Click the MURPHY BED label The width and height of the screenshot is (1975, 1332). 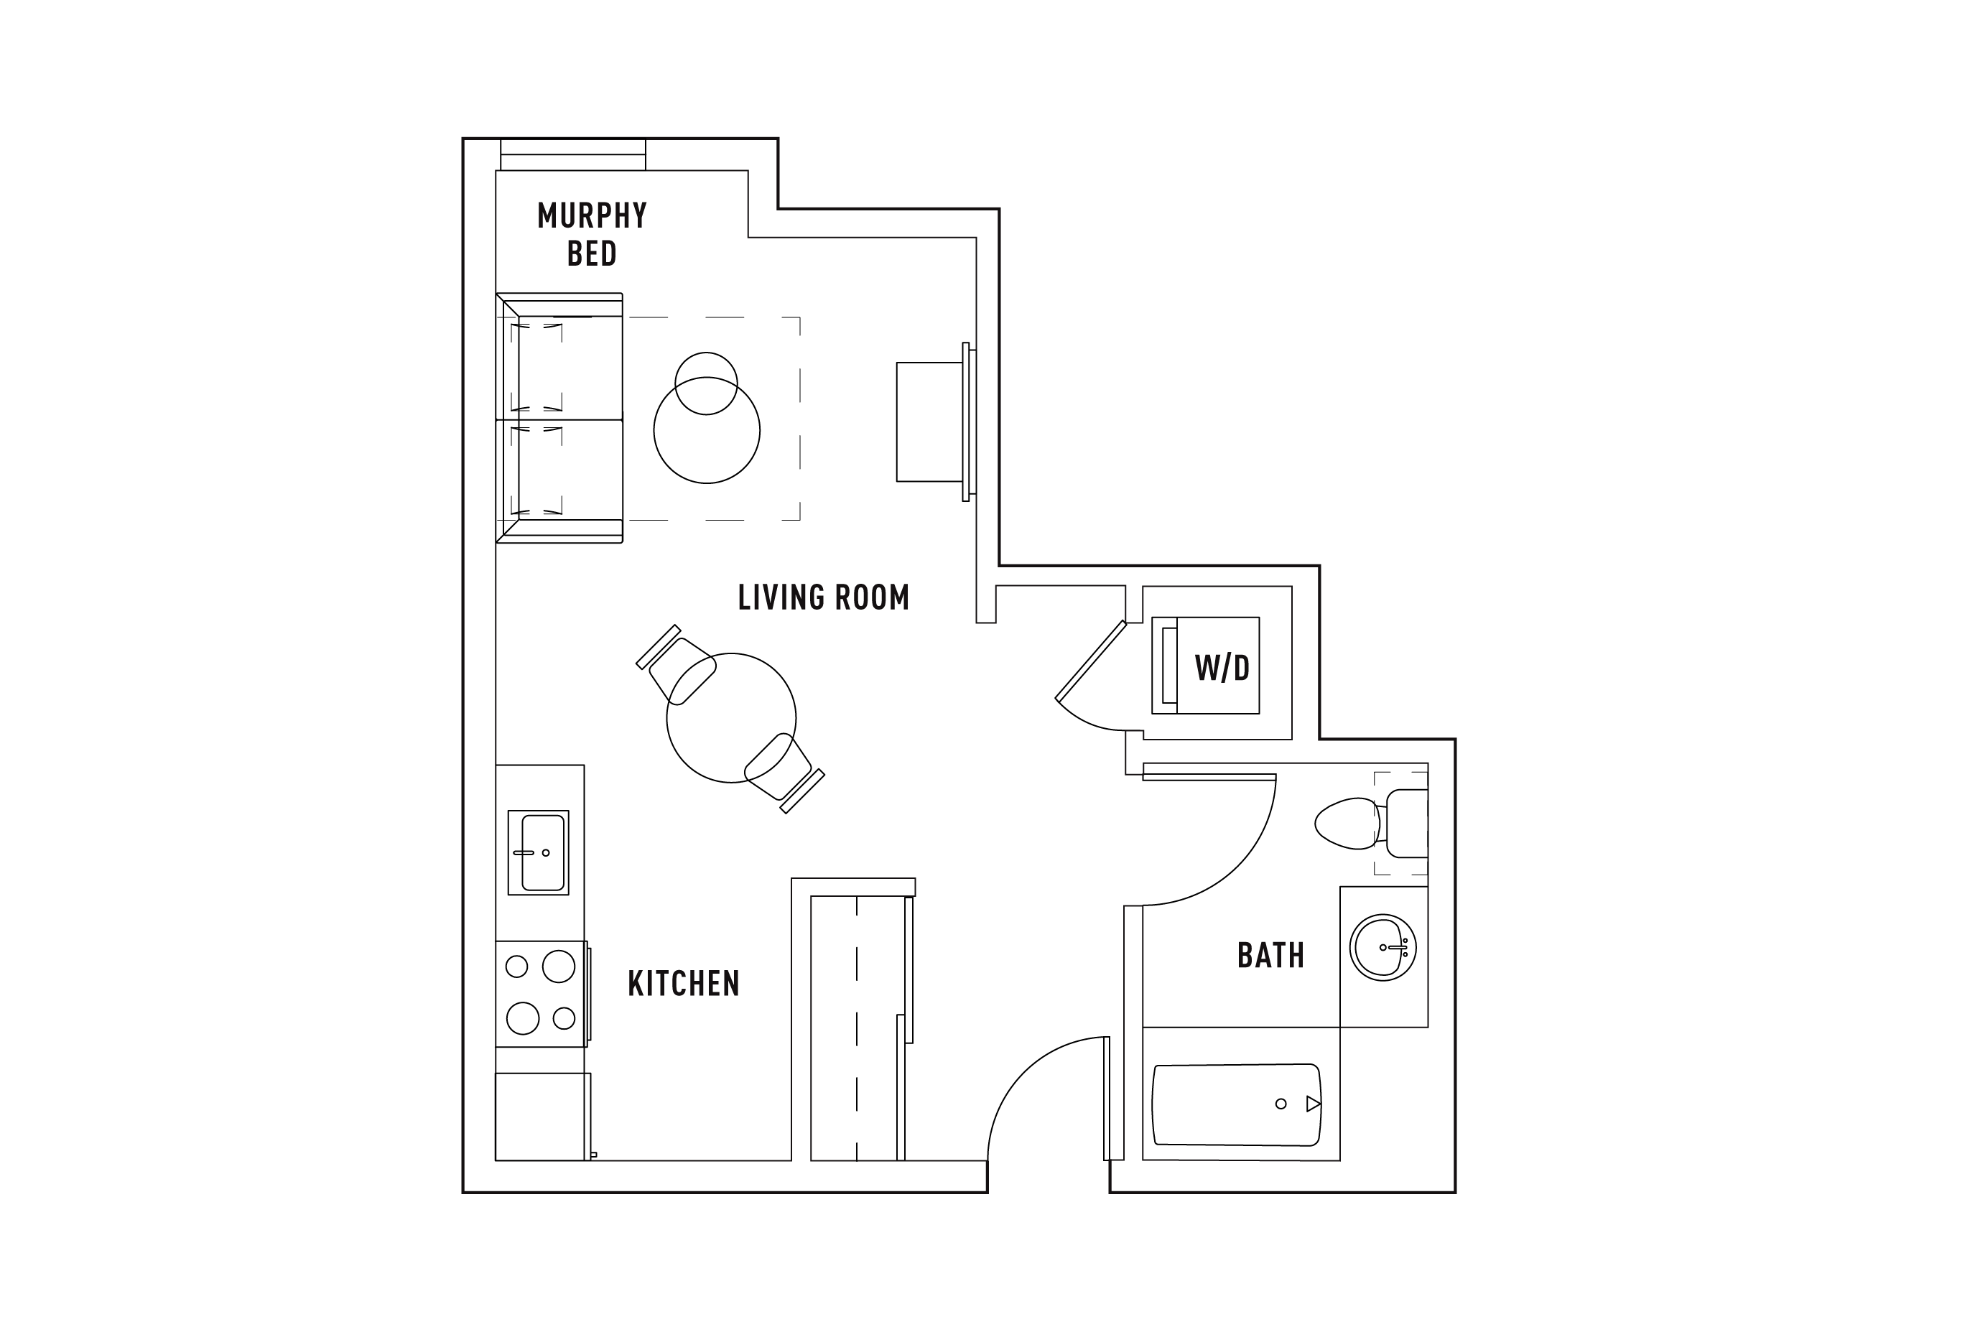tap(592, 233)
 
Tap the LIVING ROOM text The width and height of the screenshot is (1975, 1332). tap(823, 597)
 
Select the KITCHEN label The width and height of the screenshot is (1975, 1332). tap(684, 984)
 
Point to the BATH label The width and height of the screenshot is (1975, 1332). tap(1270, 956)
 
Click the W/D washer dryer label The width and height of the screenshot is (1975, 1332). tap(1222, 669)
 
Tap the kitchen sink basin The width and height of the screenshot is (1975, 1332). tap(543, 853)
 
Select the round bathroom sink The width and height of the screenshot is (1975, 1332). tap(1382, 947)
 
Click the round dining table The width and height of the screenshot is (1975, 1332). tap(730, 718)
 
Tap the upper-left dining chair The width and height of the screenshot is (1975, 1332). tap(677, 667)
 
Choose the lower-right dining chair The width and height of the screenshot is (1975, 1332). tap(784, 773)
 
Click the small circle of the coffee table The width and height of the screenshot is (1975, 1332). tap(706, 383)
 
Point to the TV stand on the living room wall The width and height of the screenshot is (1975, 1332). tap(930, 422)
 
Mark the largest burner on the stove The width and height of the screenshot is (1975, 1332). tap(558, 966)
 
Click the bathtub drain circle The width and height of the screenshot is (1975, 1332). tap(1281, 1104)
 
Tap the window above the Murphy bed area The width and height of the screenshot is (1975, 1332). tap(572, 154)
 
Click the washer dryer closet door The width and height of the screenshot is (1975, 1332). tap(1091, 660)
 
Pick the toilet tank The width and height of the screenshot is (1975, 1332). tap(1407, 823)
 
